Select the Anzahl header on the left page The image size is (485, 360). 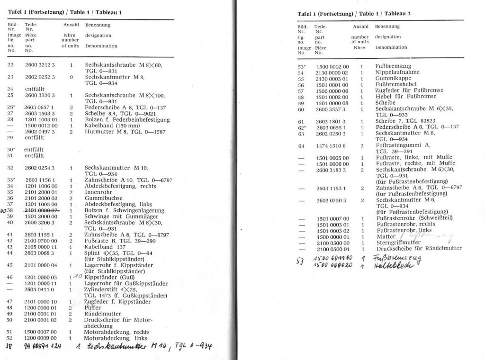(71, 24)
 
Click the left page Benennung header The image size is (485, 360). (98, 24)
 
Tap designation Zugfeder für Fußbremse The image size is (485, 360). (409, 90)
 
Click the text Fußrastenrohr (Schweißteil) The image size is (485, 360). (414, 218)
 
